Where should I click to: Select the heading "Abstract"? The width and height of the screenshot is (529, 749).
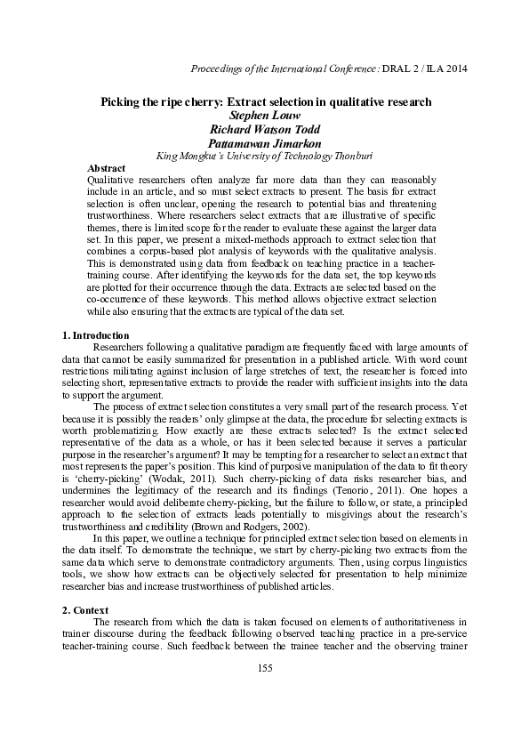click(x=106, y=167)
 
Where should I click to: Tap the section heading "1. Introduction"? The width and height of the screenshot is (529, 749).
click(x=90, y=334)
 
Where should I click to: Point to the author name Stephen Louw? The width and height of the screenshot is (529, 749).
click(x=264, y=115)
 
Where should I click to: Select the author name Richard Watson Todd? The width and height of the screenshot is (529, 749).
click(x=264, y=128)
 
